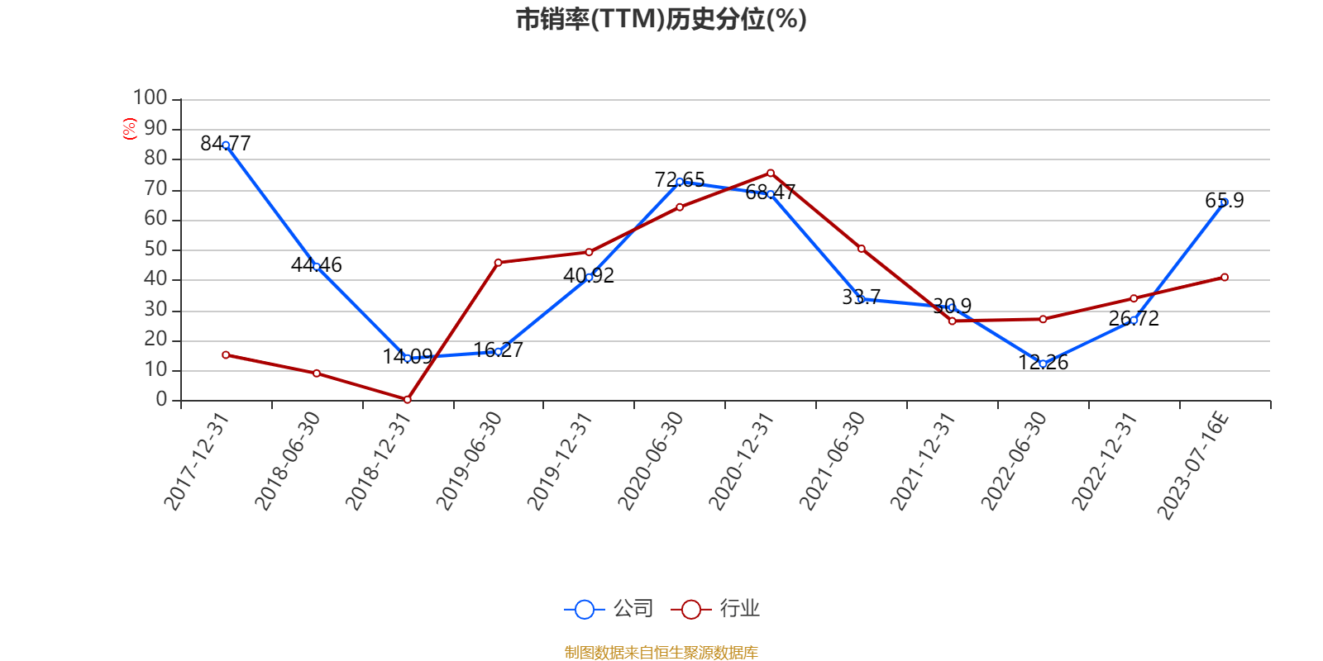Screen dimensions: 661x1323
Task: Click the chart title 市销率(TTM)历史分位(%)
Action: pyautogui.click(x=661, y=19)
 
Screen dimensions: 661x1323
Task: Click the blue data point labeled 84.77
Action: pyautogui.click(x=226, y=145)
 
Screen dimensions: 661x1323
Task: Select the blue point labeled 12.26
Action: pyautogui.click(x=1043, y=364)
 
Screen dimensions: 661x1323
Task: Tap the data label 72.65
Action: pyautogui.click(x=680, y=179)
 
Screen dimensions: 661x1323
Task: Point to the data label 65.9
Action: pyautogui.click(x=1224, y=201)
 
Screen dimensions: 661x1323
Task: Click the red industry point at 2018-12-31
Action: pyautogui.click(x=408, y=400)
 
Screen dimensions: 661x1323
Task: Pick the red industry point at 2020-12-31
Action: pyautogui.click(x=771, y=173)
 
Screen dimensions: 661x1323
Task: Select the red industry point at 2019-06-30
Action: pyautogui.click(x=498, y=263)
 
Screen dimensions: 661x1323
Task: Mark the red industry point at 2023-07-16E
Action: pyautogui.click(x=1225, y=278)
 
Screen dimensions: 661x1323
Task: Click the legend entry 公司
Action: pyautogui.click(x=609, y=609)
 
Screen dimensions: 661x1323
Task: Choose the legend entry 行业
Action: pyautogui.click(x=716, y=609)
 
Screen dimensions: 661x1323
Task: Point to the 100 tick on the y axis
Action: pyautogui.click(x=150, y=98)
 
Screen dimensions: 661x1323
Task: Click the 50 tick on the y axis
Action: pyautogui.click(x=155, y=250)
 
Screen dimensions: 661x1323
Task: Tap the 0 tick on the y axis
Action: pyautogui.click(x=161, y=400)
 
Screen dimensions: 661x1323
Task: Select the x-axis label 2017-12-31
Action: pyautogui.click(x=197, y=462)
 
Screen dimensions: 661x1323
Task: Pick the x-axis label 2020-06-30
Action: pyautogui.click(x=652, y=462)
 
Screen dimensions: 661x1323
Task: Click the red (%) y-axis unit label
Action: pyautogui.click(x=129, y=128)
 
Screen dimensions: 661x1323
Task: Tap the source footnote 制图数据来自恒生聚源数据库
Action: pyautogui.click(x=661, y=653)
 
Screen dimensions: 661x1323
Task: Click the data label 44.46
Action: pyautogui.click(x=316, y=264)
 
